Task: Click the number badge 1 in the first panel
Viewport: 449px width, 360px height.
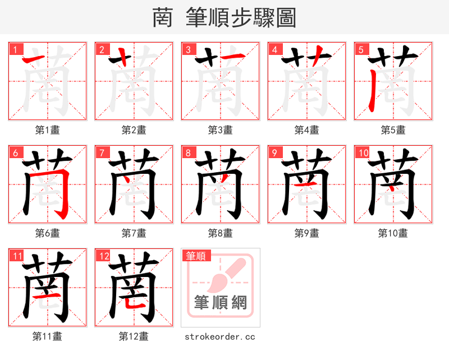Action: [15, 49]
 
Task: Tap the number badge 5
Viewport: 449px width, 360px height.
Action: [360, 49]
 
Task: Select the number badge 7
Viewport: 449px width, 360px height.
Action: [101, 153]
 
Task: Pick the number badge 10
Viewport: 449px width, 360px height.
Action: [363, 153]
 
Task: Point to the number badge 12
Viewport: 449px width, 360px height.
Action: [103, 256]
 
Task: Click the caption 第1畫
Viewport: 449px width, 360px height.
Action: [48, 130]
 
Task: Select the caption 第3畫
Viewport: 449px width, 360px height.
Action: [221, 130]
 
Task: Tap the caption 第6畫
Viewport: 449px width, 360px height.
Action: [48, 233]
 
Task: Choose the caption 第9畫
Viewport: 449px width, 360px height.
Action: [307, 233]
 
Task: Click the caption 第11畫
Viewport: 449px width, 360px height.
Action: [48, 336]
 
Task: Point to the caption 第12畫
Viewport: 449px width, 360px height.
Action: [134, 336]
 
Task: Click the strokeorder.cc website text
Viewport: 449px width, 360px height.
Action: [221, 336]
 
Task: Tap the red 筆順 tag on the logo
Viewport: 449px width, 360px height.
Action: [196, 256]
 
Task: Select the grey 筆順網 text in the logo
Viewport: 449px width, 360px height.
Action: [221, 303]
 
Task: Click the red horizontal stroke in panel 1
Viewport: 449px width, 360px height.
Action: [36, 59]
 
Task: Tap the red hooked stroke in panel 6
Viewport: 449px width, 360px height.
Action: [66, 191]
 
